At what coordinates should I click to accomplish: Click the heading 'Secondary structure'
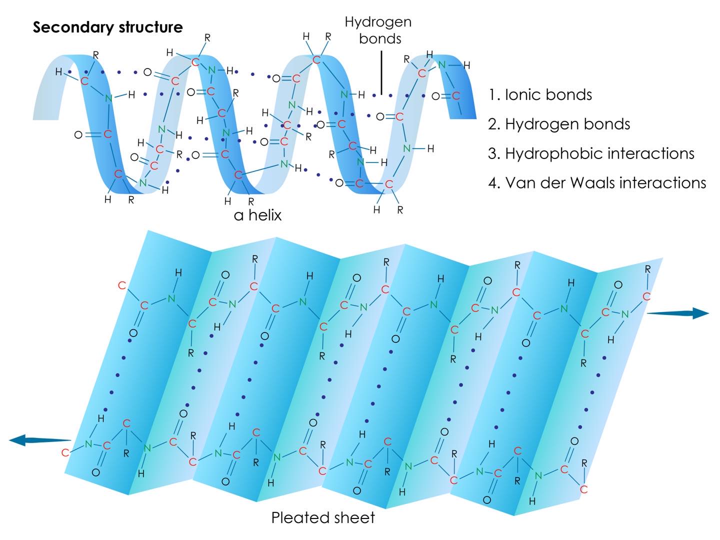tap(107, 27)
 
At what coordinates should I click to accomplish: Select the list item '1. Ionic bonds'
tap(540, 95)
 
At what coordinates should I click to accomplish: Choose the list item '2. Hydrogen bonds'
tap(559, 124)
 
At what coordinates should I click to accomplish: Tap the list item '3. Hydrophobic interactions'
tap(591, 153)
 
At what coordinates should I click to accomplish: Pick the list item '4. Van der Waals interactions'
tap(597, 182)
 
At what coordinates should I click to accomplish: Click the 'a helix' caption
tap(257, 215)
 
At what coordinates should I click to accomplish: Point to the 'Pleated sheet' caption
tap(323, 517)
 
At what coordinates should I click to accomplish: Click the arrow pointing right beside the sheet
tap(677, 313)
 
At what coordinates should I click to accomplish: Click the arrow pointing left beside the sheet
tap(39, 439)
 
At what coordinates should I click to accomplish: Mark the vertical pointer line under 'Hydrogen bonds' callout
tap(381, 72)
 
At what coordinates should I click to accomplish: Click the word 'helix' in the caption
tap(265, 215)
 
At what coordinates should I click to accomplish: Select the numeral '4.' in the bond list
tap(493, 183)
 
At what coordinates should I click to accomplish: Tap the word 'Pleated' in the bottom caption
tap(299, 517)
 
